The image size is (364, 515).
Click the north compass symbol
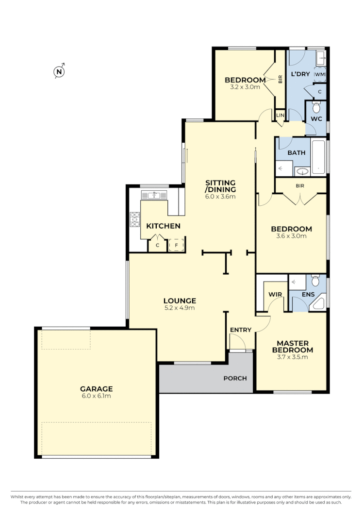click(59, 72)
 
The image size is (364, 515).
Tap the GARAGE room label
click(96, 389)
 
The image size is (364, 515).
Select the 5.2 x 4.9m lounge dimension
click(180, 308)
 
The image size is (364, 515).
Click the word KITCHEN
click(164, 226)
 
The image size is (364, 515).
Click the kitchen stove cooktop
click(134, 220)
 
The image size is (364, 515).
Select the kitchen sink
click(154, 195)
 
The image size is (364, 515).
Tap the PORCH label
click(235, 378)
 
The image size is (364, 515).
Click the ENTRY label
click(241, 330)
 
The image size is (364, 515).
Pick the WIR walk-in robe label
click(275, 294)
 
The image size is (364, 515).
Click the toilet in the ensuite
click(315, 281)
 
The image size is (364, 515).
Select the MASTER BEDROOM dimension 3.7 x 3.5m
click(292, 357)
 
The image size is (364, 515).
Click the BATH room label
click(296, 152)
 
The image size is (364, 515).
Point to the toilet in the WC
click(316, 107)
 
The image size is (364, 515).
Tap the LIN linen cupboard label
click(280, 115)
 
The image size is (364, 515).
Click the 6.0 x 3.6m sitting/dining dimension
click(220, 197)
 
